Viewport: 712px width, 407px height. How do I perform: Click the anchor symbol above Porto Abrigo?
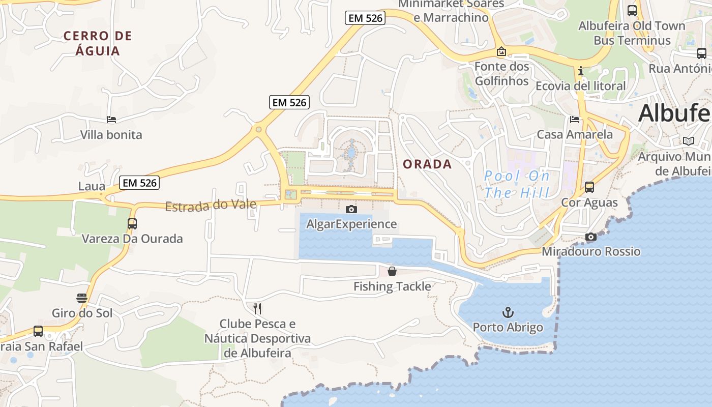(x=508, y=312)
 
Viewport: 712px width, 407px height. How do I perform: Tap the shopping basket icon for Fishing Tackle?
(x=392, y=271)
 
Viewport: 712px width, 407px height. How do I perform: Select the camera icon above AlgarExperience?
(x=351, y=209)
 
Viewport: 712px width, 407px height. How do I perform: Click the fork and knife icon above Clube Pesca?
(x=257, y=308)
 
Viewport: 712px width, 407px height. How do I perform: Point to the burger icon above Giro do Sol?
(x=82, y=298)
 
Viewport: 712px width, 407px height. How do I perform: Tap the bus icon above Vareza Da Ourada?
(x=132, y=223)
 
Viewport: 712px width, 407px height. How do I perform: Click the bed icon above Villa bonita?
(x=111, y=120)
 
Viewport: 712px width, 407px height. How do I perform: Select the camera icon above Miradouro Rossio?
(x=590, y=237)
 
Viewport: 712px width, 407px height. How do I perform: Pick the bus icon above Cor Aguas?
(x=589, y=187)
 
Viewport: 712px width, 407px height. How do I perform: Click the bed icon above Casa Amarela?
(x=575, y=120)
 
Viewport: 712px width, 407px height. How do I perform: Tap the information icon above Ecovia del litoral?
(x=580, y=71)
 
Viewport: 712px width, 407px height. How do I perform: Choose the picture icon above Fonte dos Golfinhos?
(x=501, y=51)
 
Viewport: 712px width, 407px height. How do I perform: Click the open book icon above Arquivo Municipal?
(x=688, y=141)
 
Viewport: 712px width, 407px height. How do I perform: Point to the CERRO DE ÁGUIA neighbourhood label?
(x=98, y=43)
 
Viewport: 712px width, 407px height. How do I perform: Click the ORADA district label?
(x=427, y=164)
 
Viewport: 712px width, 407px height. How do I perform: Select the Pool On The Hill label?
(x=517, y=184)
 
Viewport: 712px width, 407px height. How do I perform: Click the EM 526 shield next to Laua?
(x=140, y=183)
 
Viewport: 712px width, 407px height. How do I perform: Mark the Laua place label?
(x=92, y=186)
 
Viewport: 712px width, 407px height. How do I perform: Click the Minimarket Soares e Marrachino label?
(x=451, y=10)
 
